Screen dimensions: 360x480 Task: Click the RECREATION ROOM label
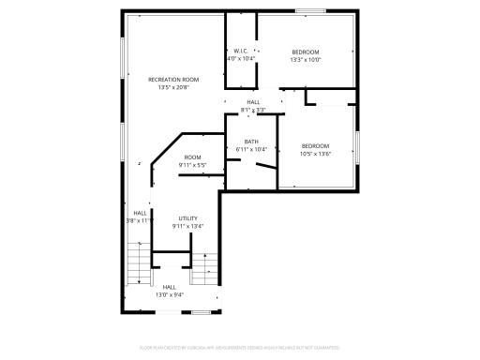pos(173,80)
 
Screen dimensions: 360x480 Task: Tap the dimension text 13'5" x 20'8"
pos(173,87)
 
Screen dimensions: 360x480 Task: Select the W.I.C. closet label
pos(240,52)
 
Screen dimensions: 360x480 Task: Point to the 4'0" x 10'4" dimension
pos(240,59)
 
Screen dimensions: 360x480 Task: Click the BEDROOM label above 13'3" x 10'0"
pos(306,52)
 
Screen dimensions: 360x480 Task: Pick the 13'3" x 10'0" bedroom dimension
pos(306,59)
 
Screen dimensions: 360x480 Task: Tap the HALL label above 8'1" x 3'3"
pos(253,102)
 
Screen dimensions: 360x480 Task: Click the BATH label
pos(251,142)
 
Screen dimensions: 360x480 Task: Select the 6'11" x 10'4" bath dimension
pos(251,149)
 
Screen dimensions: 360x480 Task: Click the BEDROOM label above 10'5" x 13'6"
pos(316,146)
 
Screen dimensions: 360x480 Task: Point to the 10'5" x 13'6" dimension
pos(316,154)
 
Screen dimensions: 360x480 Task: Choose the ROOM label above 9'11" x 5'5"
pos(192,157)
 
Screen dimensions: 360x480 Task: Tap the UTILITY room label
pos(187,218)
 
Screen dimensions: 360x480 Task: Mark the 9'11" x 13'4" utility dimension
pos(187,226)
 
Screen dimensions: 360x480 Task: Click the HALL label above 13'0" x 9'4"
pos(170,287)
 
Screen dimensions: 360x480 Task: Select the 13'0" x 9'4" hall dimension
pos(170,294)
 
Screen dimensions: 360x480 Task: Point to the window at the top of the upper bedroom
pos(309,11)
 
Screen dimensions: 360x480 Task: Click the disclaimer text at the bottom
pos(240,348)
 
